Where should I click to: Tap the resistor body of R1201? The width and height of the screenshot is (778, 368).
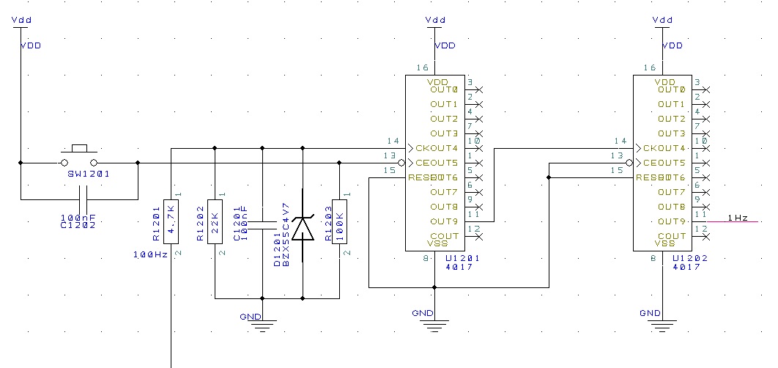click(171, 220)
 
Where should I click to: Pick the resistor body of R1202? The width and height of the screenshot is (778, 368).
click(215, 220)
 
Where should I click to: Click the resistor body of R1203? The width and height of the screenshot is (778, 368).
click(339, 220)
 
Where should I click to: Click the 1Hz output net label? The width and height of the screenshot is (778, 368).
click(737, 218)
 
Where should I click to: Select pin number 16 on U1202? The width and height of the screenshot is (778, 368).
click(649, 67)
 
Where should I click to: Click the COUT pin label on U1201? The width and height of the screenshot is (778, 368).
click(445, 236)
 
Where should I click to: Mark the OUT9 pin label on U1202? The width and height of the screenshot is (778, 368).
click(672, 221)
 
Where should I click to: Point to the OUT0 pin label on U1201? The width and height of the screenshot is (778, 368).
click(445, 89)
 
